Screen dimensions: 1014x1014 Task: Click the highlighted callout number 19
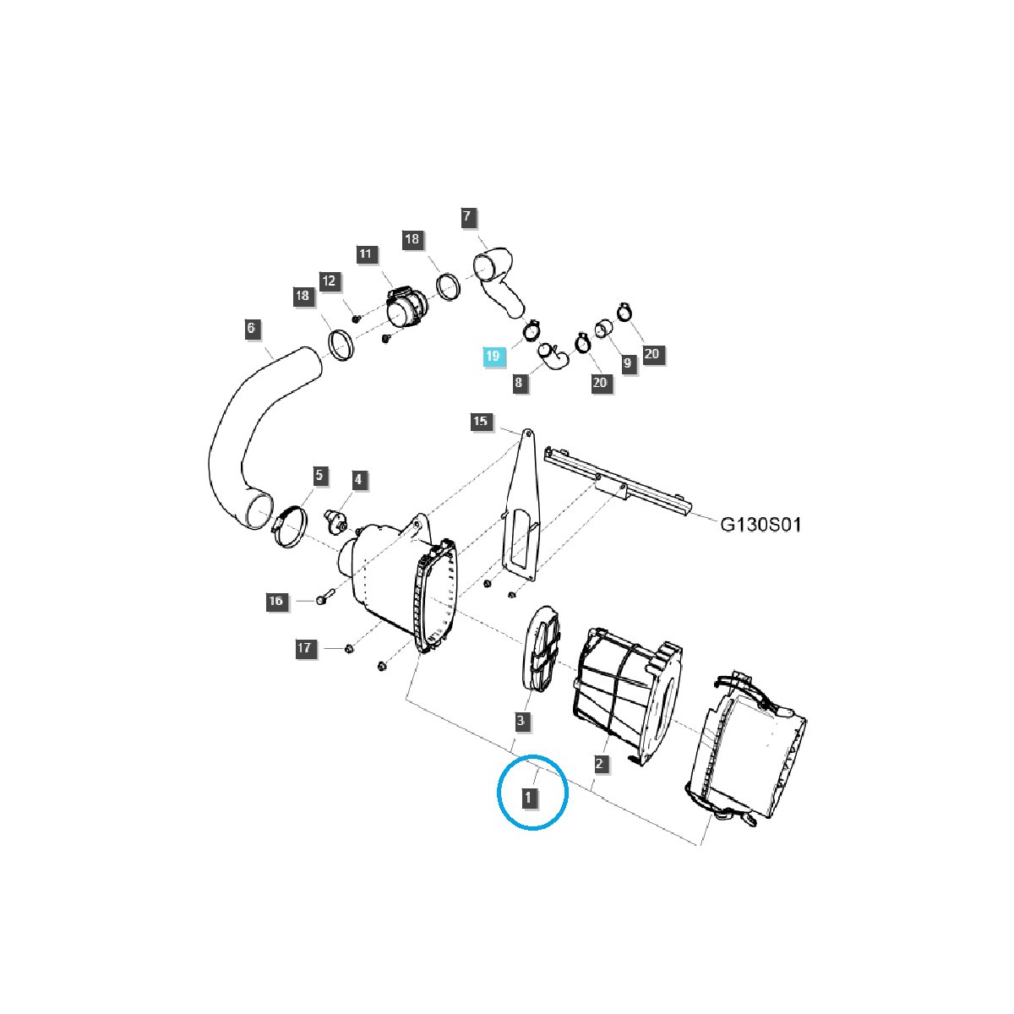(x=493, y=357)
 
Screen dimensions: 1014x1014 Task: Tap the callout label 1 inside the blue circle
(x=529, y=797)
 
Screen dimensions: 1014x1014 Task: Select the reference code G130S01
(x=760, y=525)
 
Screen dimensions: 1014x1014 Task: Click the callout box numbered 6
(x=252, y=328)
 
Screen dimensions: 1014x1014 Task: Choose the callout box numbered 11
(x=365, y=254)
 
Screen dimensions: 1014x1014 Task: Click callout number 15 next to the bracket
(x=480, y=421)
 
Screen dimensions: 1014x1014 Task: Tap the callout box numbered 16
(x=275, y=601)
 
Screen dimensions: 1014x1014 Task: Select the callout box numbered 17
(x=304, y=648)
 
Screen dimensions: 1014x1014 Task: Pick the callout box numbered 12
(x=328, y=281)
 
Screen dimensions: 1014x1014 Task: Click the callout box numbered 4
(x=358, y=480)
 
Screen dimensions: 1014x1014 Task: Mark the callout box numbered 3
(x=521, y=721)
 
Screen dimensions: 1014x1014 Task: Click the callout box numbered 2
(x=599, y=765)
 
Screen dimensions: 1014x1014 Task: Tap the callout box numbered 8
(x=519, y=383)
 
